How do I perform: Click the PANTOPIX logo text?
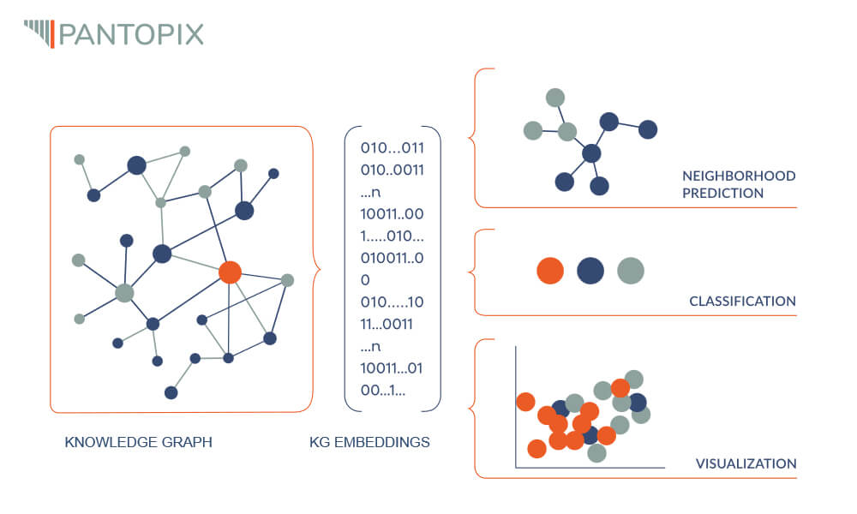pyautogui.click(x=131, y=34)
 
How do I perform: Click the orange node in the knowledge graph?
pyautogui.click(x=229, y=272)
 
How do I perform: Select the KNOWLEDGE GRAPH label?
pyautogui.click(x=138, y=443)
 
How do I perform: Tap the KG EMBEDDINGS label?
pyautogui.click(x=369, y=443)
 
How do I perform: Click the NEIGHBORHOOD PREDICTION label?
pyautogui.click(x=738, y=184)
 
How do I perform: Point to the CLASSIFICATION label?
pyautogui.click(x=742, y=302)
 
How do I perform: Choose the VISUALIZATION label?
pyautogui.click(x=746, y=463)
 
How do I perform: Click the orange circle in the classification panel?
pyautogui.click(x=550, y=271)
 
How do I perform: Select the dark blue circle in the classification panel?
pyautogui.click(x=590, y=271)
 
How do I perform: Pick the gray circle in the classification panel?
pyautogui.click(x=631, y=271)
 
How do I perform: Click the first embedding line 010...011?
pyautogui.click(x=393, y=147)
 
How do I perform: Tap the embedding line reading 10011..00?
pyautogui.click(x=393, y=213)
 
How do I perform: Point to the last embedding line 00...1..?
pyautogui.click(x=383, y=391)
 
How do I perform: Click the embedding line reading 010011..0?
pyautogui.click(x=393, y=258)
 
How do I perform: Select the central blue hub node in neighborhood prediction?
pyautogui.click(x=591, y=153)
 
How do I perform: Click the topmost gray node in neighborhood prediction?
pyautogui.click(x=555, y=98)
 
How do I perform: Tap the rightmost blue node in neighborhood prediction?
pyautogui.click(x=648, y=129)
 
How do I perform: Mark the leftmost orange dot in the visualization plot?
pyautogui.click(x=525, y=401)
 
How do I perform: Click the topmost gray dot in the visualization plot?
pyautogui.click(x=634, y=379)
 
